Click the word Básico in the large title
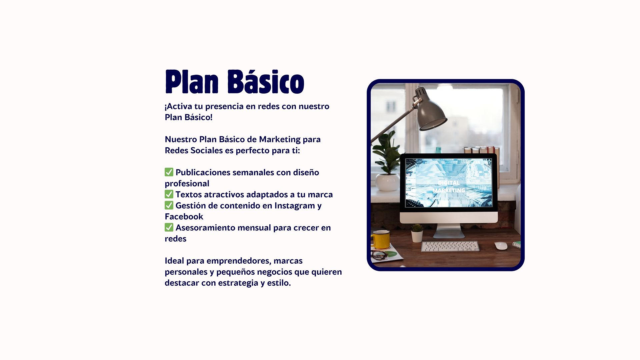coord(266,82)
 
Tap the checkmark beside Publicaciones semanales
coord(169,172)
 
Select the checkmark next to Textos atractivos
coord(169,194)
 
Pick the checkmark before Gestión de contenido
coord(169,205)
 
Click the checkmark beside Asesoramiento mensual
coord(169,227)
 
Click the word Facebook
coord(184,216)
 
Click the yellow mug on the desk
coord(381,239)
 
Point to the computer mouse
coord(501,246)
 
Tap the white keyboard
coord(450,246)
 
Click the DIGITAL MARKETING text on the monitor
coord(449,187)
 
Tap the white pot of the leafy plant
coord(387,182)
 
